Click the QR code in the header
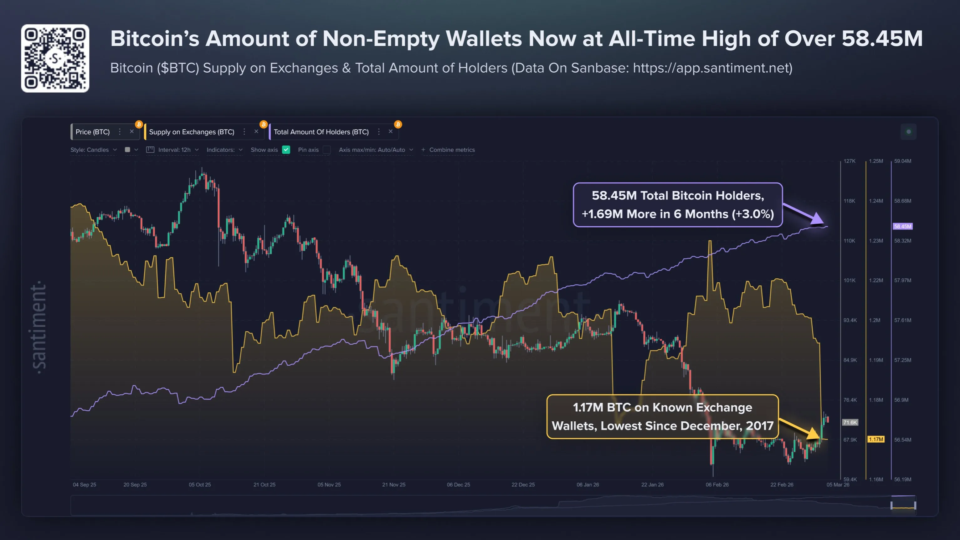point(55,59)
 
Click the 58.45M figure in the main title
point(882,39)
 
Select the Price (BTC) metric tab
point(92,132)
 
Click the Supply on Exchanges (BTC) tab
point(192,132)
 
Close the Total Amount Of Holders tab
point(391,131)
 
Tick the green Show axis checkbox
point(286,150)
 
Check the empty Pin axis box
point(326,150)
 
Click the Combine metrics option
point(448,150)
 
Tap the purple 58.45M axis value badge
point(902,226)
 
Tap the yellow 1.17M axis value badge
point(876,440)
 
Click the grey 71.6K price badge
point(850,422)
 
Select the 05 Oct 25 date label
point(200,485)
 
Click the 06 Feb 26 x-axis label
point(717,485)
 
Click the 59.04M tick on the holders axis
point(903,161)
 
